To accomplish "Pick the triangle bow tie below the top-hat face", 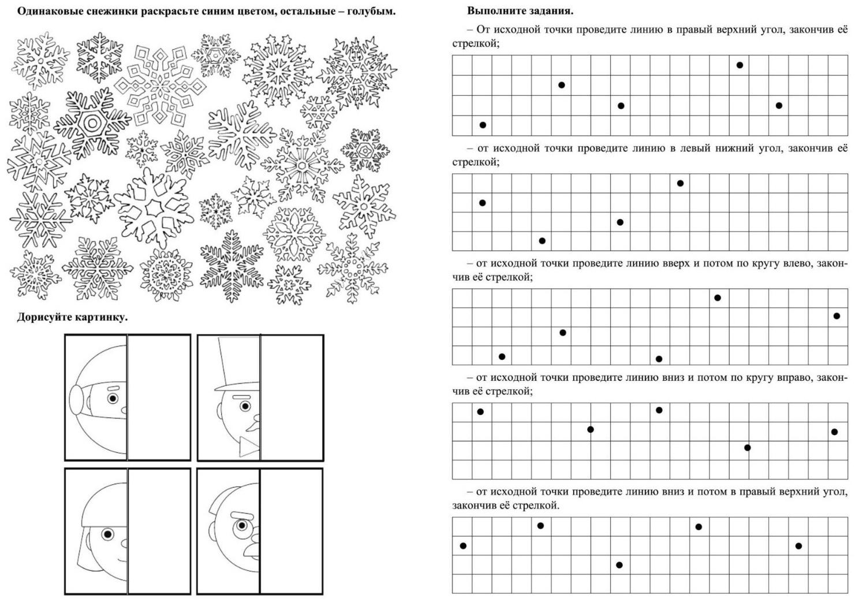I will tap(250, 447).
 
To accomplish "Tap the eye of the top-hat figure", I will tap(245, 406).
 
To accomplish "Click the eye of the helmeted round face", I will tap(113, 399).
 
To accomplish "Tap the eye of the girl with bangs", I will tap(107, 534).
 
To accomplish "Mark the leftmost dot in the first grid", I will tap(483, 125).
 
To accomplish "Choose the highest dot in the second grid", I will tap(680, 183).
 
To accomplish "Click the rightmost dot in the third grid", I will tap(837, 315).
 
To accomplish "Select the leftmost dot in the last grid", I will tap(463, 545).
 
